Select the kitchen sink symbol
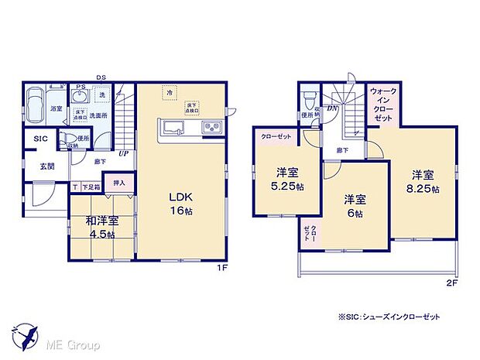173,128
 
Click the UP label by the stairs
123,153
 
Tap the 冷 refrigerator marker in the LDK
168,92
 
